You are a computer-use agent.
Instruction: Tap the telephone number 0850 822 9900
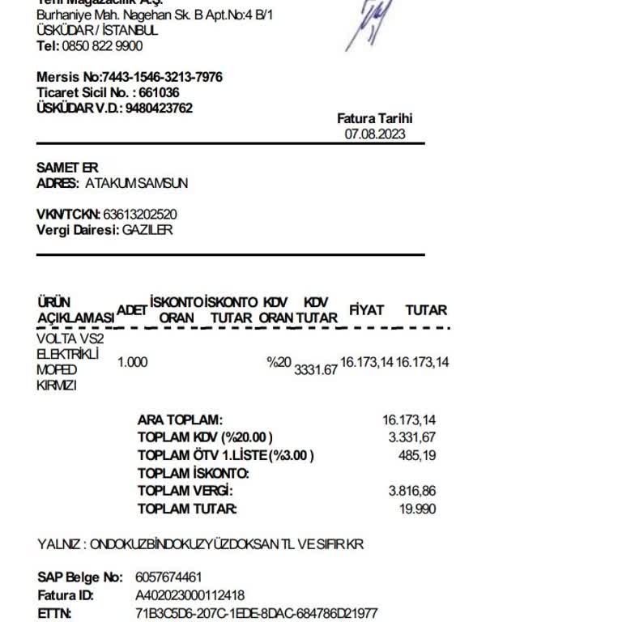[x=102, y=46]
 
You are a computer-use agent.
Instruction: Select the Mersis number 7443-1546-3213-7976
[x=162, y=77]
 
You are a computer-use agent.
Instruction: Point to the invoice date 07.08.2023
[x=375, y=134]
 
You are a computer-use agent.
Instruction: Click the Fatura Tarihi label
[x=375, y=118]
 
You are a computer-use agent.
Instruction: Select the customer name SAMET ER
[x=67, y=167]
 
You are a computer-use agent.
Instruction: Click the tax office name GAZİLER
[x=147, y=229]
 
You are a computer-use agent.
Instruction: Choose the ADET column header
[x=132, y=310]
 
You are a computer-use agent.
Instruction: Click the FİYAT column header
[x=366, y=310]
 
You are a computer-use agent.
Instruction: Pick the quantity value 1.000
[x=133, y=362]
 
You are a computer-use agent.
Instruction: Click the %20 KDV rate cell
[x=279, y=362]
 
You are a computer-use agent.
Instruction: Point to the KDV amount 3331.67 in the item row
[x=316, y=369]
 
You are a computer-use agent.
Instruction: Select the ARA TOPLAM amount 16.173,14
[x=409, y=420]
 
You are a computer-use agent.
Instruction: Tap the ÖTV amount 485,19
[x=417, y=455]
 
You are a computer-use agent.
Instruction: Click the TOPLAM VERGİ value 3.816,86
[x=412, y=491]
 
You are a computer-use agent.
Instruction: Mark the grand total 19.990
[x=419, y=509]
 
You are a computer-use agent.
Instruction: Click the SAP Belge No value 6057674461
[x=168, y=577]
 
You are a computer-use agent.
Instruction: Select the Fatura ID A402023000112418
[x=190, y=595]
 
